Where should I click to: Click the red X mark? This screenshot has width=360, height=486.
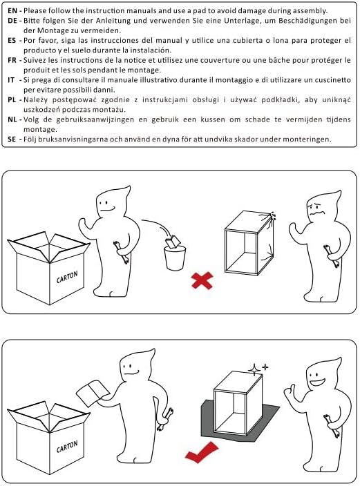(202, 280)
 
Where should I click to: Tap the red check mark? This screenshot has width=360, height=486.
(202, 454)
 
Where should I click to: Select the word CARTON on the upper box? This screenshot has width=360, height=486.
(67, 277)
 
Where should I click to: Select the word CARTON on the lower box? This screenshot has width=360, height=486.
(67, 447)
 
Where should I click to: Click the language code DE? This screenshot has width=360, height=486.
(12, 21)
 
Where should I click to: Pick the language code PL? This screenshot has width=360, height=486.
(12, 100)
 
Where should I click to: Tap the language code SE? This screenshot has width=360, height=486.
(12, 139)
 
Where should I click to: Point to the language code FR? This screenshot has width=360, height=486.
(12, 60)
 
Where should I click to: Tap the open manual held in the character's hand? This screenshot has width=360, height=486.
(93, 394)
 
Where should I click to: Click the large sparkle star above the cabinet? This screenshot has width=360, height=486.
(254, 370)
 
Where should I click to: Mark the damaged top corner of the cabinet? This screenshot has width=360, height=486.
(269, 215)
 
